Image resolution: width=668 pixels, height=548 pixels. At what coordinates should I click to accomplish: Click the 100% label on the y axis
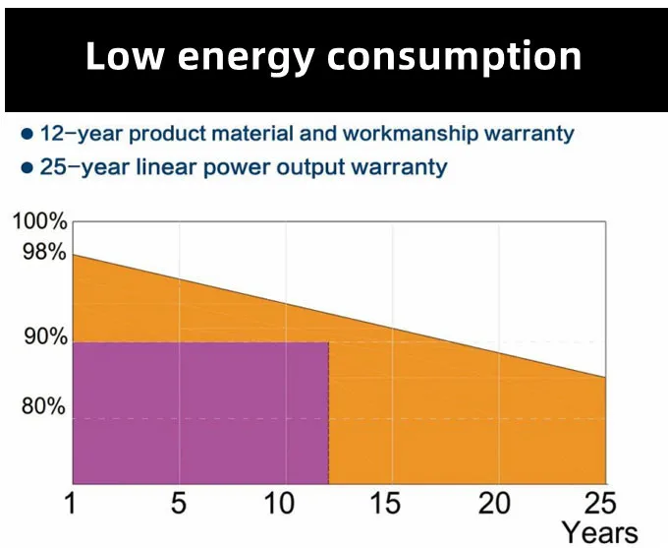click(39, 222)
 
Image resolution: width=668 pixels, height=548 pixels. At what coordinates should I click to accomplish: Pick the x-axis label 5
click(178, 504)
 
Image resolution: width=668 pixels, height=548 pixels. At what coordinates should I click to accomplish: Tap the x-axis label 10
click(282, 504)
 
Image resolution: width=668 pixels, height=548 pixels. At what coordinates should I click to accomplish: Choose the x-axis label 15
click(388, 504)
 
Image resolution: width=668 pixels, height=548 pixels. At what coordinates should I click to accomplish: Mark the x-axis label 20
click(496, 504)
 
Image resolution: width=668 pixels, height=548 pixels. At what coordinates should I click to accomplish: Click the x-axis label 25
click(598, 504)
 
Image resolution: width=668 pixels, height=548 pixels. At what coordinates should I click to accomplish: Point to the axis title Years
click(600, 532)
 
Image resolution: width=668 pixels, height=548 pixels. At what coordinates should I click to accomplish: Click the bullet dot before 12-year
click(27, 133)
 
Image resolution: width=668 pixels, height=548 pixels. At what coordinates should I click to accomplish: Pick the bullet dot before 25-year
click(27, 167)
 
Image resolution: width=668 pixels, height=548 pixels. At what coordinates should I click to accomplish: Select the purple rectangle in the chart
click(200, 412)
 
